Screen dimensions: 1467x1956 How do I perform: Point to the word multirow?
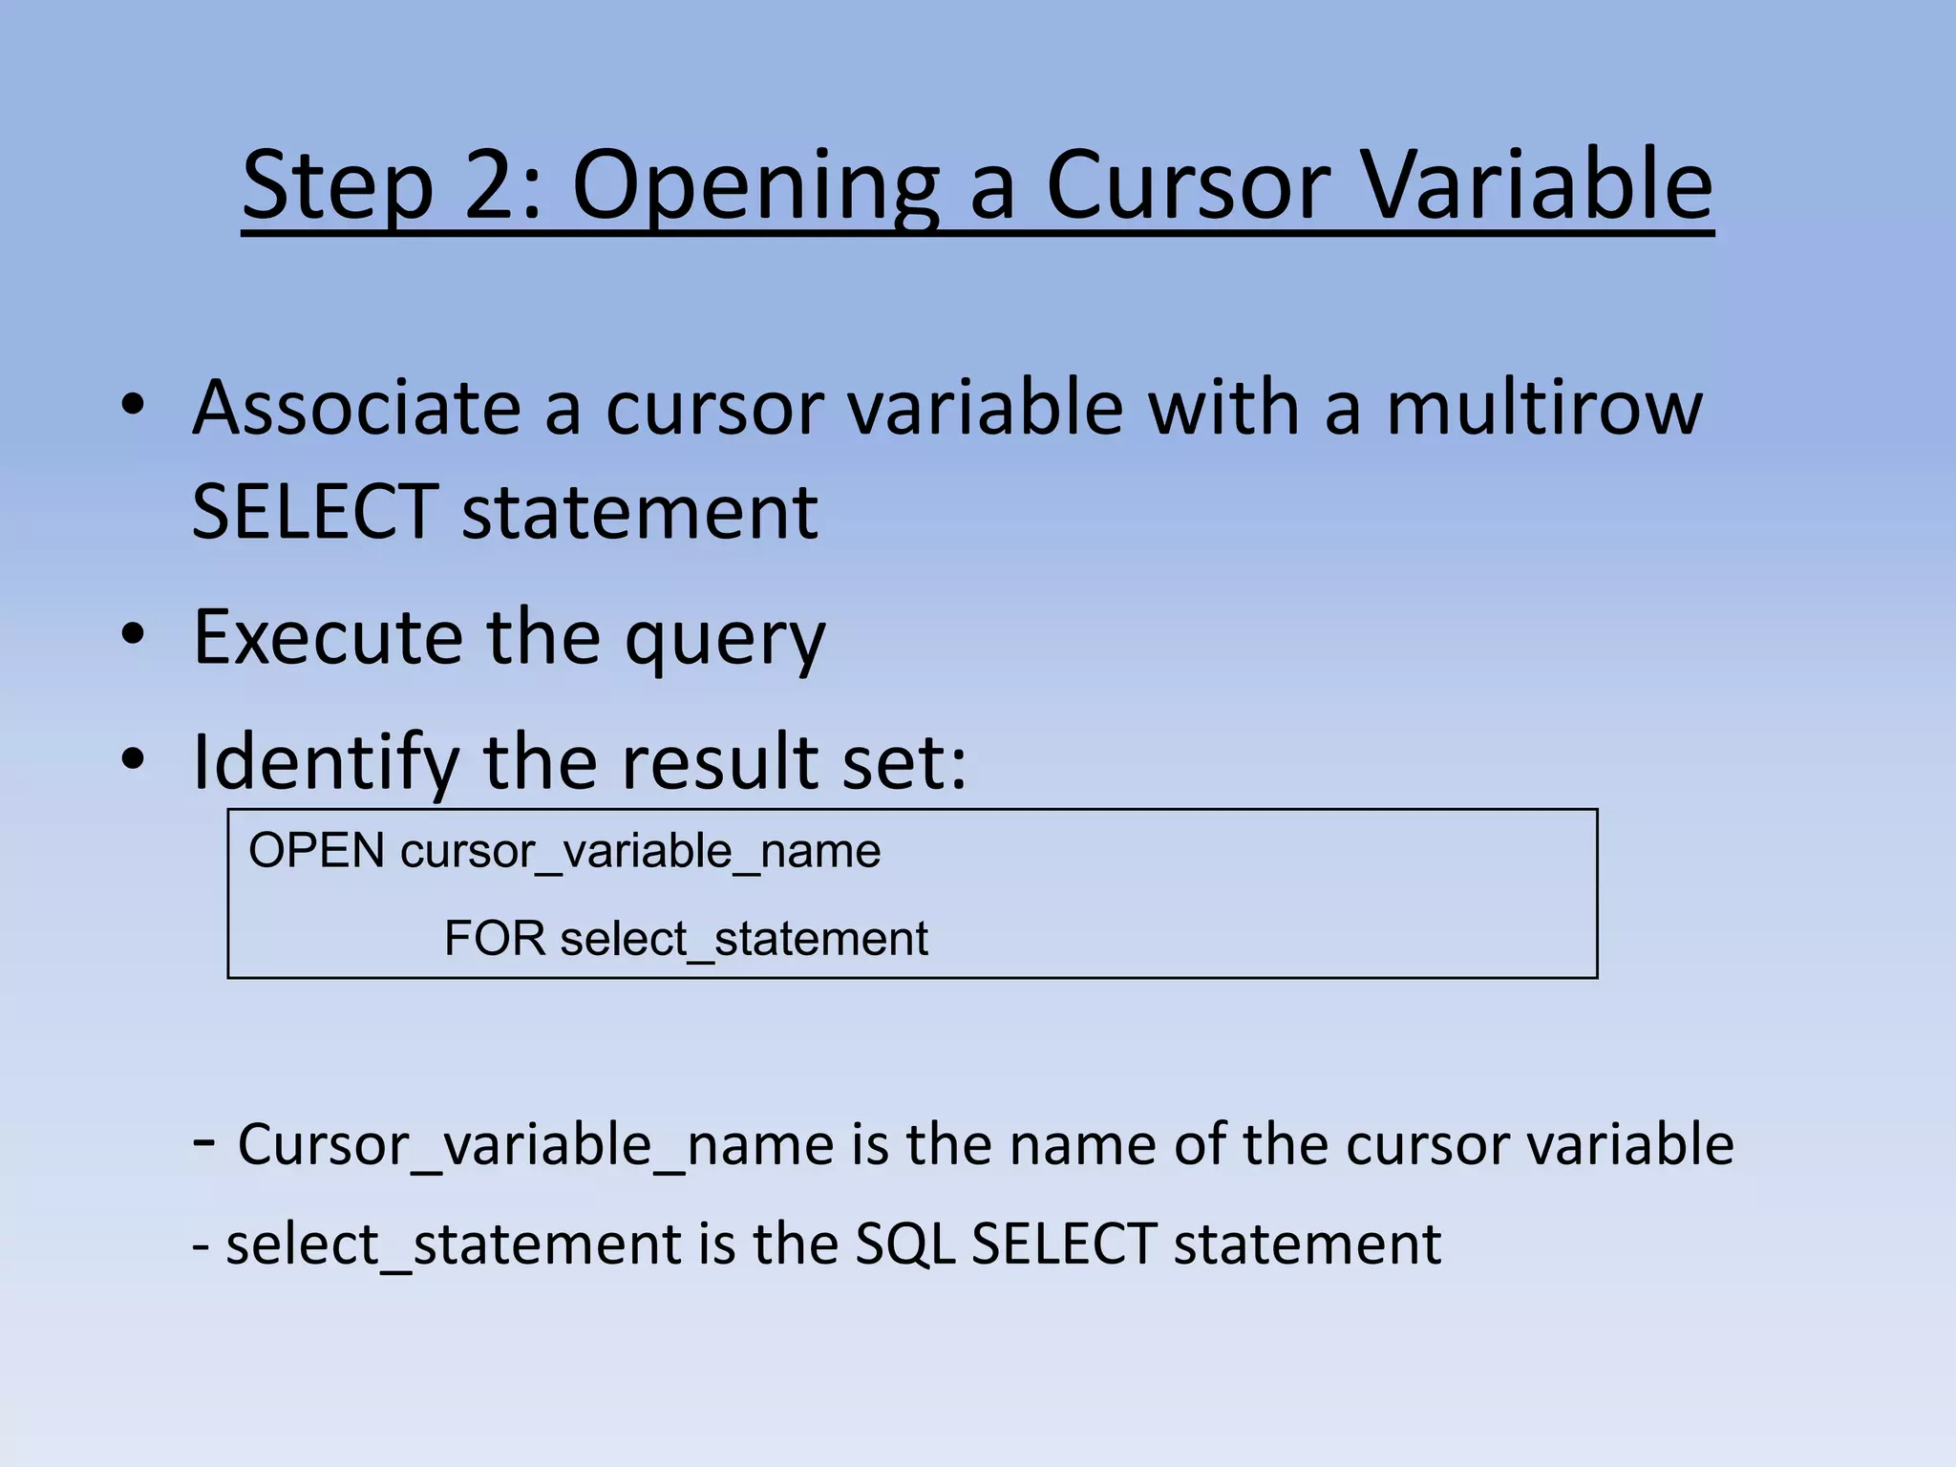coord(1543,408)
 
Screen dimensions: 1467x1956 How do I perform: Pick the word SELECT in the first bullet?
coord(314,512)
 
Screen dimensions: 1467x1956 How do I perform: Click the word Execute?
coord(328,636)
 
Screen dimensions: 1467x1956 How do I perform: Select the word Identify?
coord(326,762)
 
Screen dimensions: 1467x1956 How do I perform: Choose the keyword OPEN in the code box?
coord(316,851)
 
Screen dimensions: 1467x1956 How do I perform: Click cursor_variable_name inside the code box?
coord(640,851)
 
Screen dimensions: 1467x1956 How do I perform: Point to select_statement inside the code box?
coord(744,939)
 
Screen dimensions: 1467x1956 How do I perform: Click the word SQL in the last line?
coord(904,1244)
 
